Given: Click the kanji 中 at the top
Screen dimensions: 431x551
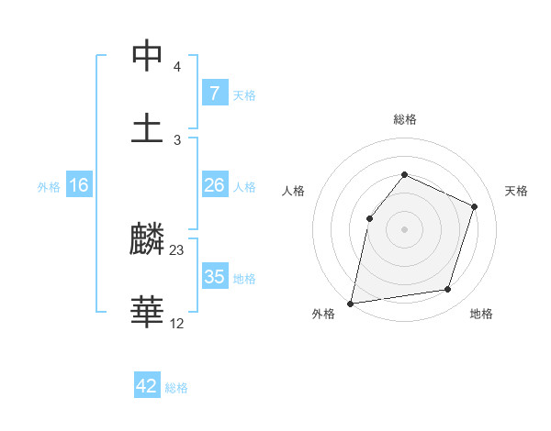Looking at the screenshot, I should click(147, 57).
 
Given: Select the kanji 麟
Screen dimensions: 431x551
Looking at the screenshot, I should click(147, 241).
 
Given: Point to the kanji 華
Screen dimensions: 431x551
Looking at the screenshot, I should click(147, 312).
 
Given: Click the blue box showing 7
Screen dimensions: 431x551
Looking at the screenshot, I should click(214, 93).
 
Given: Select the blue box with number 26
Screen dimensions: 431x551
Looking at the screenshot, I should click(214, 185).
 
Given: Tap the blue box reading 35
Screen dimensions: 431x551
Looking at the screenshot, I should click(214, 277).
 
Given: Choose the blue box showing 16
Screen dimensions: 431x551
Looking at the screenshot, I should click(79, 185).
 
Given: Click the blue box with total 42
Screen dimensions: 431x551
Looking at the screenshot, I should click(147, 386).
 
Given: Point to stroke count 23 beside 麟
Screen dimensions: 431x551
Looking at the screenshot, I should click(177, 250).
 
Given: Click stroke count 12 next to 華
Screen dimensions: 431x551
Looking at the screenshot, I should click(177, 323).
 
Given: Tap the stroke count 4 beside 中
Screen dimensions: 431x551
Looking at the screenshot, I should click(177, 67).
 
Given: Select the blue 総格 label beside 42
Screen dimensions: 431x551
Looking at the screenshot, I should click(177, 388).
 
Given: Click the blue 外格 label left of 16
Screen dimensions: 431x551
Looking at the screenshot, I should click(49, 187).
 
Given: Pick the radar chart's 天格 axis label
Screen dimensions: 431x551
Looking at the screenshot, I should click(516, 191).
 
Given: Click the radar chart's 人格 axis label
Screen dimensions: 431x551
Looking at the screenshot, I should click(293, 191).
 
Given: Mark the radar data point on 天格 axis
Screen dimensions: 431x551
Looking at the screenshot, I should click(475, 206).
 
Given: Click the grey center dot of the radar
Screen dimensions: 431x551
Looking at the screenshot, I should click(404, 229).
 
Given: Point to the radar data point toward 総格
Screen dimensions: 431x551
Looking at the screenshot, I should click(404, 174).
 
